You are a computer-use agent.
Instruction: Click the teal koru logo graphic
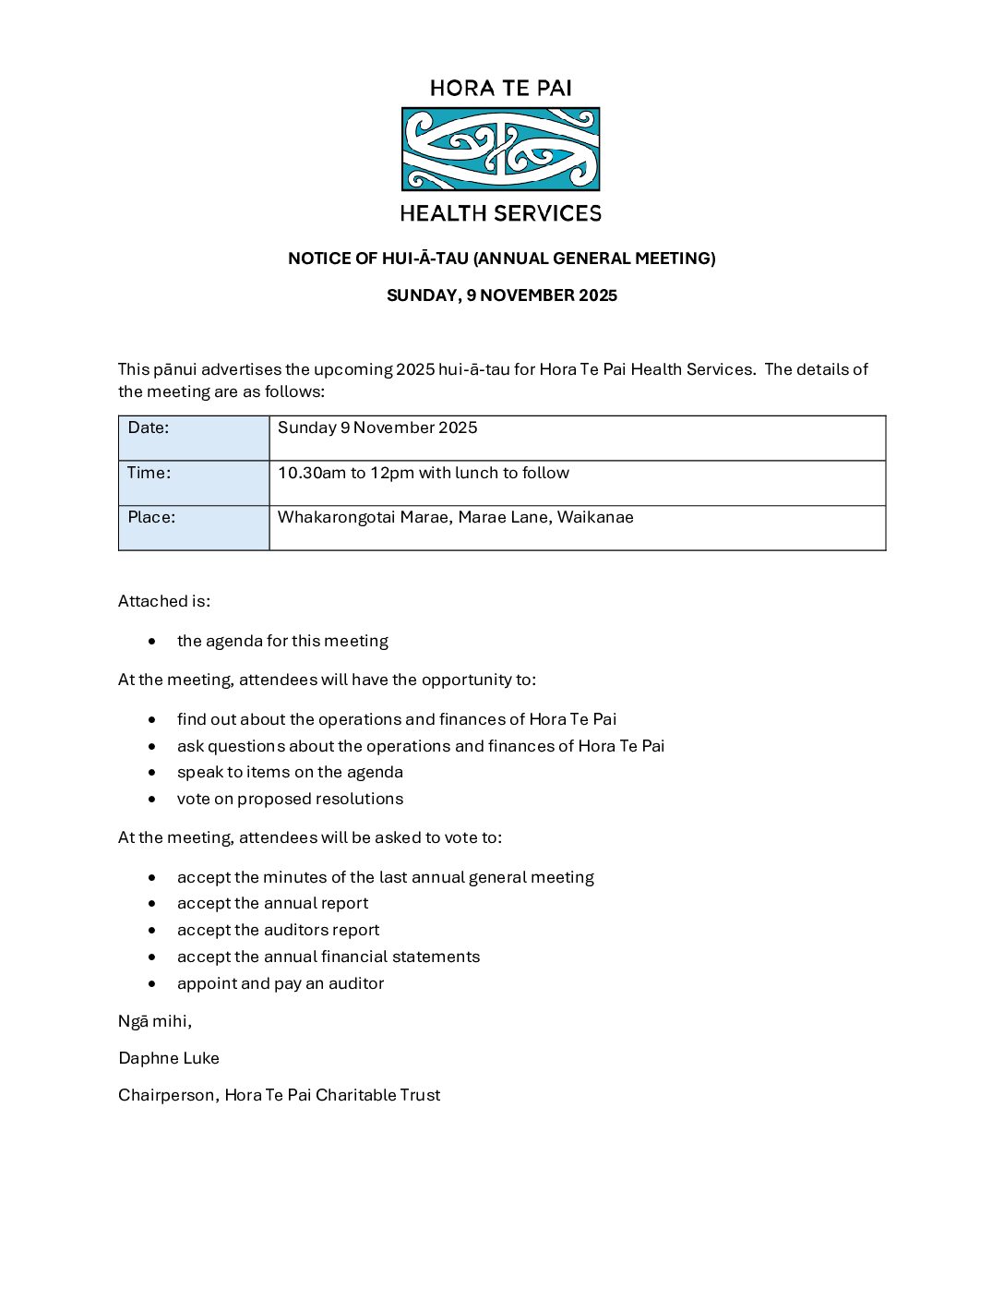(500, 150)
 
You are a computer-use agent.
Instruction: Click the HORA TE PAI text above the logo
(500, 89)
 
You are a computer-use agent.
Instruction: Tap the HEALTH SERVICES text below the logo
(500, 213)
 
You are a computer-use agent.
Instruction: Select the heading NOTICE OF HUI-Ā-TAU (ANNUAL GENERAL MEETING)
(501, 259)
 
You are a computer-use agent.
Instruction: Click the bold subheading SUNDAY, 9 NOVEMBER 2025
(501, 295)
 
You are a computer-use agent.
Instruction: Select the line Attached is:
(164, 601)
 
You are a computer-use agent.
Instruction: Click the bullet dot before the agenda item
(152, 641)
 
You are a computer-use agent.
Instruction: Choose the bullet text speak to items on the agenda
(290, 772)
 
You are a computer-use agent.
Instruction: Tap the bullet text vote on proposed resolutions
(290, 799)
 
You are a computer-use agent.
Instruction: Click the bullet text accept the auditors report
(278, 930)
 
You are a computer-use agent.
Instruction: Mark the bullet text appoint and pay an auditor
(281, 983)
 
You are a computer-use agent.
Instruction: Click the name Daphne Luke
(169, 1058)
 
